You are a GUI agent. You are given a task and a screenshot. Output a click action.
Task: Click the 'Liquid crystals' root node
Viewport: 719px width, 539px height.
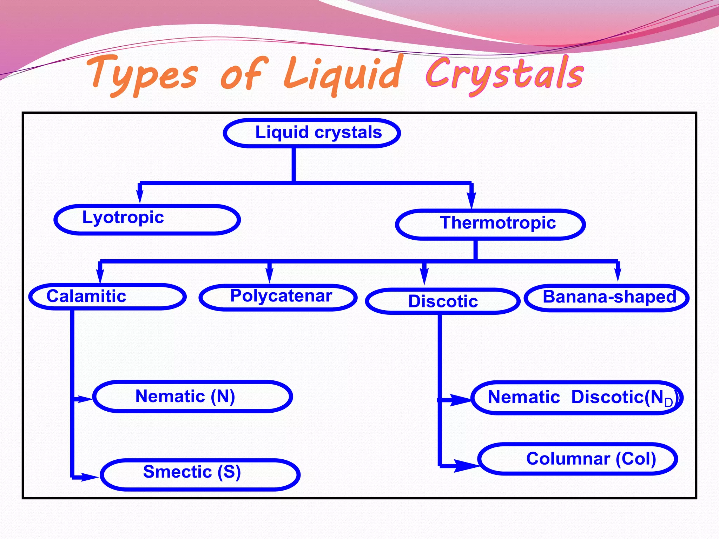click(x=312, y=133)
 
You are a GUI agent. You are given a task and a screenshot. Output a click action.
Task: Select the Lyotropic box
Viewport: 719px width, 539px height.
click(x=147, y=219)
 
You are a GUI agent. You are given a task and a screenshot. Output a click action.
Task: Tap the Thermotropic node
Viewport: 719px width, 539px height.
click(x=490, y=224)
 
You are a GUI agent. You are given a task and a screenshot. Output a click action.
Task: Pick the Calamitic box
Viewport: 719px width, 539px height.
click(x=107, y=297)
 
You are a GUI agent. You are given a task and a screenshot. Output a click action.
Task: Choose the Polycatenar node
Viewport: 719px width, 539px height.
click(x=278, y=297)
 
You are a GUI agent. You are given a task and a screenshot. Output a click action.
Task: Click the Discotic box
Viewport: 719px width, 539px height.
click(x=442, y=301)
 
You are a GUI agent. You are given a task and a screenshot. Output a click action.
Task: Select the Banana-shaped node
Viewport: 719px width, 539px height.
click(x=607, y=298)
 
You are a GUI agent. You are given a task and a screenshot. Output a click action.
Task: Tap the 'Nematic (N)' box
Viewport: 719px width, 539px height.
click(x=192, y=397)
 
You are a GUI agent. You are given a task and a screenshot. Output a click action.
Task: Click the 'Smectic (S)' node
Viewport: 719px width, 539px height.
click(x=200, y=474)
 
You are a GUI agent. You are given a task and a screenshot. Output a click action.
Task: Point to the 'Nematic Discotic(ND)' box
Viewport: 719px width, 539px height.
click(x=577, y=398)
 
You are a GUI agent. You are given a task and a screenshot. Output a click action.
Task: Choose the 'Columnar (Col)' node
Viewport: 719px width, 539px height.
click(x=578, y=459)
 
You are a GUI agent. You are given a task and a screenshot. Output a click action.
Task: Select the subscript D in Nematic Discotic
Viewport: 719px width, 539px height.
click(x=668, y=402)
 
